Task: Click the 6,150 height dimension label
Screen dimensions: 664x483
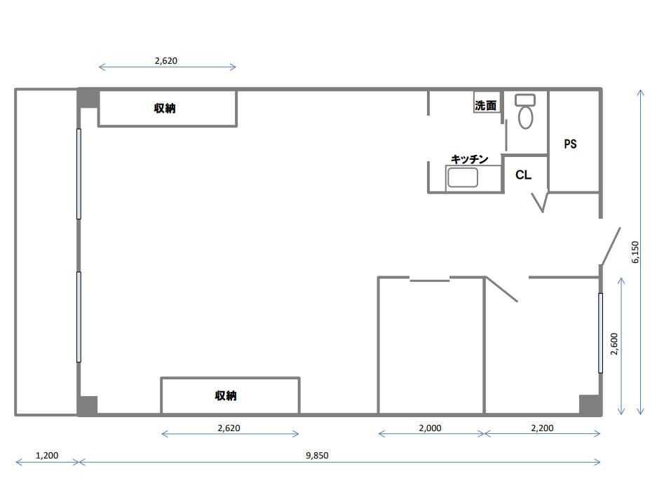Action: point(635,252)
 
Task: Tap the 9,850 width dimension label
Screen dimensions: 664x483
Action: point(317,455)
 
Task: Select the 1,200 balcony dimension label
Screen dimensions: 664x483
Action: point(47,456)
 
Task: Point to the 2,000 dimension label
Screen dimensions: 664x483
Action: point(430,428)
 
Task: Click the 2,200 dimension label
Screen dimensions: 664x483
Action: point(542,428)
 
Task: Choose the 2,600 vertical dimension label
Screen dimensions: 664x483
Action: point(614,344)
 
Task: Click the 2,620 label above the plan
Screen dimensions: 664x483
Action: point(166,60)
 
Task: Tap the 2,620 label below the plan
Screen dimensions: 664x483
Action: point(229,428)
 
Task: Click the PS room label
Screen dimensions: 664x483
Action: point(571,144)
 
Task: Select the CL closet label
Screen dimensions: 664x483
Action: point(523,175)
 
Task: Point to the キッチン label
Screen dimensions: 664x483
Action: point(469,159)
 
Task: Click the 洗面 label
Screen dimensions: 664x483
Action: point(485,105)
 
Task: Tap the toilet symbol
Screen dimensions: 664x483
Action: point(525,111)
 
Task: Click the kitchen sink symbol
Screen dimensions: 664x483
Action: point(463,177)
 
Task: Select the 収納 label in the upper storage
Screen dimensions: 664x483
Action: point(165,108)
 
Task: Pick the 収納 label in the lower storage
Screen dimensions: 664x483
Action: point(225,395)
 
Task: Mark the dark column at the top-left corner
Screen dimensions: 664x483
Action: point(88,97)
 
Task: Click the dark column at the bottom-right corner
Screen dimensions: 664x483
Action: point(590,405)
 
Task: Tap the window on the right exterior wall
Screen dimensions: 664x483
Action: point(600,333)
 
